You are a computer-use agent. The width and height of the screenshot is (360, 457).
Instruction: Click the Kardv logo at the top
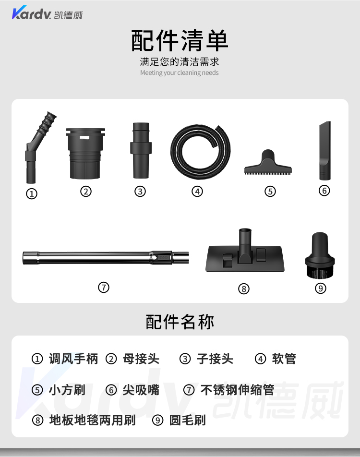pyautogui.click(x=47, y=13)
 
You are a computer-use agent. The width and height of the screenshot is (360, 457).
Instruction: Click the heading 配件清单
pyautogui.click(x=180, y=40)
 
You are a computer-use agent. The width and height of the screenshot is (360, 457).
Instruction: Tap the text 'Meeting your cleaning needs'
pyautogui.click(x=179, y=72)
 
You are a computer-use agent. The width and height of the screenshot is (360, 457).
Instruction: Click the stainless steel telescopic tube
pyautogui.click(x=106, y=258)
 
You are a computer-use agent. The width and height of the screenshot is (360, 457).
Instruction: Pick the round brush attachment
pyautogui.click(x=320, y=255)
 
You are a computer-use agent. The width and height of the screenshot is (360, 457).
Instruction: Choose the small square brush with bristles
pyautogui.click(x=268, y=163)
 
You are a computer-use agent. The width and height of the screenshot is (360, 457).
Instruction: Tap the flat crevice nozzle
pyautogui.click(x=325, y=151)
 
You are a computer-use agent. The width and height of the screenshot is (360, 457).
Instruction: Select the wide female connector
pyautogui.click(x=85, y=154)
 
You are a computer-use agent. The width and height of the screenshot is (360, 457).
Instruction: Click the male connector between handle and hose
pyautogui.click(x=141, y=150)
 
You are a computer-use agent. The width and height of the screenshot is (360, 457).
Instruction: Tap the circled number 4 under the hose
pyautogui.click(x=197, y=192)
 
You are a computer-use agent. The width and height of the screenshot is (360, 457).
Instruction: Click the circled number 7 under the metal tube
pyautogui.click(x=104, y=288)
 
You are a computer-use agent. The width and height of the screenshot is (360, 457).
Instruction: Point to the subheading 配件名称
pyautogui.click(x=180, y=322)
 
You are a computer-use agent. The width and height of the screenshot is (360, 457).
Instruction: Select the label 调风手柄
pyautogui.click(x=73, y=359)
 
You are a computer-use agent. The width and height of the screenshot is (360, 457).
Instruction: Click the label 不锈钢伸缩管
pyautogui.click(x=237, y=390)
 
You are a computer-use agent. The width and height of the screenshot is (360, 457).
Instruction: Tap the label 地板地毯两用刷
pyautogui.click(x=93, y=421)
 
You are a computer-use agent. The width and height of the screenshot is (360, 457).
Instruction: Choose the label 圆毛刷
pyautogui.click(x=187, y=421)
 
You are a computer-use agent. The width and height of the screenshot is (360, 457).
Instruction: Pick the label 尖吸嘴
pyautogui.click(x=141, y=390)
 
